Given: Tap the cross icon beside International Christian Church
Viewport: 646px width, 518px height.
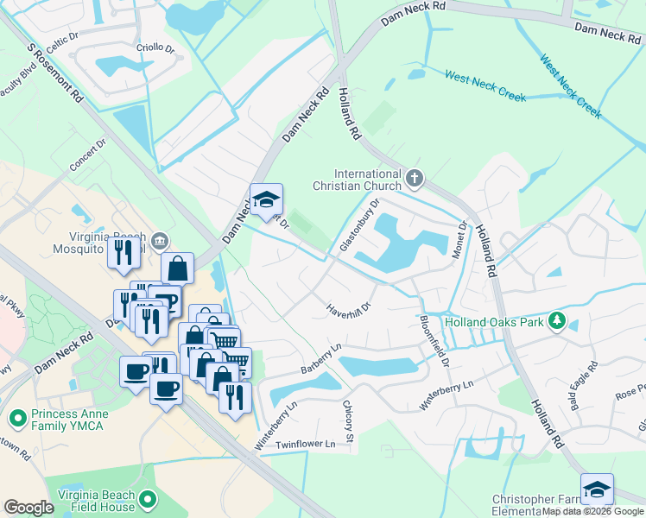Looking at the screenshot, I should click(x=415, y=179).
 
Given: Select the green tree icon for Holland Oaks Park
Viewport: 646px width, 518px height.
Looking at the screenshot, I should click(x=557, y=322).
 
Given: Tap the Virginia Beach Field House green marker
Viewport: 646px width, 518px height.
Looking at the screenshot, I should click(x=149, y=500).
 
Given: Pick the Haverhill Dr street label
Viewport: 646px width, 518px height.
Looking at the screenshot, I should click(x=349, y=307).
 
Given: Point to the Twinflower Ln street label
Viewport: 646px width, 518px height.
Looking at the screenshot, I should click(x=307, y=444).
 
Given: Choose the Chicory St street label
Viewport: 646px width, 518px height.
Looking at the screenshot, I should click(x=349, y=422).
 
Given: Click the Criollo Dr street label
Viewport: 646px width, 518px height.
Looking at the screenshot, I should click(x=155, y=49).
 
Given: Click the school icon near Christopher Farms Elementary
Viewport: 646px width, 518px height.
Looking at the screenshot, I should click(x=597, y=489).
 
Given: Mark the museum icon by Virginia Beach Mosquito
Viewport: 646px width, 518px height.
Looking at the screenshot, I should click(x=159, y=239).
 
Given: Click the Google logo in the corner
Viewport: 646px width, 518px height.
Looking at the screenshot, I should click(x=28, y=508).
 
